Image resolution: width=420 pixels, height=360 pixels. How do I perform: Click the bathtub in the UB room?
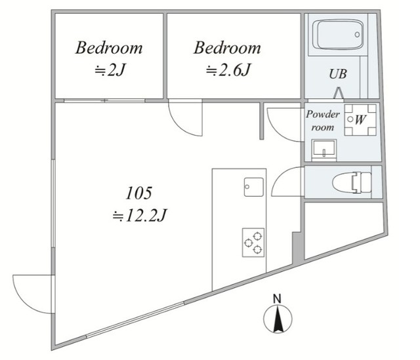coord(339,35)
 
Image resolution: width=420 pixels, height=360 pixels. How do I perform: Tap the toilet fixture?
coord(352,182)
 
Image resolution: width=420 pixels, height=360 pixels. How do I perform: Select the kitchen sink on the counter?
coord(254,187)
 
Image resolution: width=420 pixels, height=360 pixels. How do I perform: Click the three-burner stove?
coord(253,243)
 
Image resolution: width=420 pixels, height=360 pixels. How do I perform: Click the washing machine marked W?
coord(360,120)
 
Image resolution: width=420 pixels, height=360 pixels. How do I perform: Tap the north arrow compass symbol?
coord(278,319)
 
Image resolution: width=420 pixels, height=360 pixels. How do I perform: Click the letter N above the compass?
coord(277,299)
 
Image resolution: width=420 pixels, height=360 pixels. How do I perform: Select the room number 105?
coord(138,193)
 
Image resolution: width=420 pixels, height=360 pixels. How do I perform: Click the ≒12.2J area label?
coord(140,215)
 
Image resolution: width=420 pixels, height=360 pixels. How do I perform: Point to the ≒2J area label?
coord(110,70)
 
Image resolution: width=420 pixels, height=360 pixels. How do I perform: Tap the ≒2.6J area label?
coord(228,70)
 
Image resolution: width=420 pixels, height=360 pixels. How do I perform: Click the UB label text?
coord(338,74)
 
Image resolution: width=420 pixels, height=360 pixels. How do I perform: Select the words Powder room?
coord(323,121)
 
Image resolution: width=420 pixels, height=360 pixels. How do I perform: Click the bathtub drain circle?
coord(357,35)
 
